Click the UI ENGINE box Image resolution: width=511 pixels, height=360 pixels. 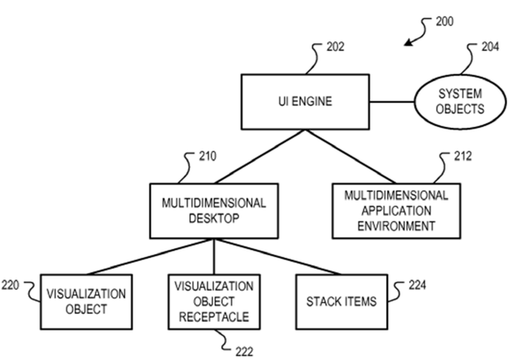[x=305, y=102]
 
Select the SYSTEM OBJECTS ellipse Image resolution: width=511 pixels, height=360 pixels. [x=460, y=102]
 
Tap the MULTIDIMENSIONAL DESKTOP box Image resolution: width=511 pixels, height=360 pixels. [x=214, y=211]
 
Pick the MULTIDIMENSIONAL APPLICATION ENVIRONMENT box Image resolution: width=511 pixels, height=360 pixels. [x=397, y=211]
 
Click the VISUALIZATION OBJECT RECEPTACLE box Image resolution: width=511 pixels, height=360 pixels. [x=214, y=301]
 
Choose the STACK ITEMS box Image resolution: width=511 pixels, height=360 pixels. [x=342, y=301]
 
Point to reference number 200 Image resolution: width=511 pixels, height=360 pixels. [x=445, y=22]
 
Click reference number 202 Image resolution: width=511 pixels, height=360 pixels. [x=336, y=47]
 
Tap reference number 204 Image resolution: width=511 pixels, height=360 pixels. [x=490, y=47]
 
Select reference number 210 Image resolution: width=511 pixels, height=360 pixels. [x=208, y=156]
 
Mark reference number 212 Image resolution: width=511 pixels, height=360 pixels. [x=463, y=156]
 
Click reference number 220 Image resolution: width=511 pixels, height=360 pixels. [x=11, y=285]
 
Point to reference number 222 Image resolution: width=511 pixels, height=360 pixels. [x=244, y=352]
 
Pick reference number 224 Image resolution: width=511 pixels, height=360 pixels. [x=417, y=285]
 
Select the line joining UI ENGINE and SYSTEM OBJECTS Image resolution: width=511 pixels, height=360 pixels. [x=392, y=102]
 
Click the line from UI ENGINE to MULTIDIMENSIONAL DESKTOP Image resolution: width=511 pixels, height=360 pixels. [x=260, y=157]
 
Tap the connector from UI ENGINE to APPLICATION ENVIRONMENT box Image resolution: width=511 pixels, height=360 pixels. [x=351, y=157]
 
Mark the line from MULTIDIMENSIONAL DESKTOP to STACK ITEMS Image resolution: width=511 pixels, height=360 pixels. [x=278, y=257]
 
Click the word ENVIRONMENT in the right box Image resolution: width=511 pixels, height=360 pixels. [x=397, y=226]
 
